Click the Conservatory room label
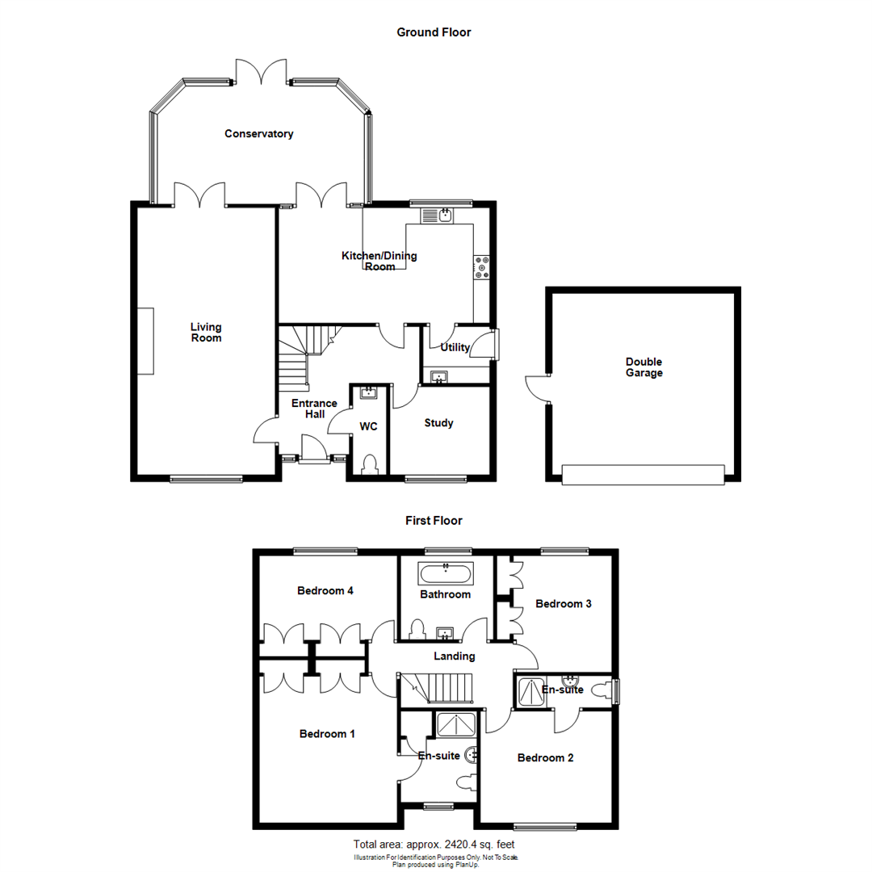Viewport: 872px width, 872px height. click(x=258, y=134)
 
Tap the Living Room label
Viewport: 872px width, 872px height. click(x=206, y=333)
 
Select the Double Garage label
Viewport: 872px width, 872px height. click(x=644, y=367)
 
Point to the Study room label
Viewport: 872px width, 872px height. click(x=438, y=423)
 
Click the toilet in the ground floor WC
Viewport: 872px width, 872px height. click(x=371, y=466)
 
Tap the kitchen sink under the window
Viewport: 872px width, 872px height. click(x=440, y=215)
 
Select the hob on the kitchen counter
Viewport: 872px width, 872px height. click(x=483, y=267)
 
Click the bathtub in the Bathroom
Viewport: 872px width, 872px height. click(x=446, y=574)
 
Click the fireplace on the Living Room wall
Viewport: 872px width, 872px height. click(x=146, y=341)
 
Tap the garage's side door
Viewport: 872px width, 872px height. click(x=536, y=389)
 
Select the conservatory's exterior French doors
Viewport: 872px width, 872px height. click(x=262, y=72)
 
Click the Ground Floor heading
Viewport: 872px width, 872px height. click(x=434, y=32)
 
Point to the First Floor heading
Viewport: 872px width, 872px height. click(x=434, y=521)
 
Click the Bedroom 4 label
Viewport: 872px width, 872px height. click(x=325, y=590)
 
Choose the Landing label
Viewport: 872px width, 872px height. click(x=453, y=656)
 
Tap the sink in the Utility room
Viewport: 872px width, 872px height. click(x=439, y=376)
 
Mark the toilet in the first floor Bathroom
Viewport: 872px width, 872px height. click(x=418, y=628)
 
